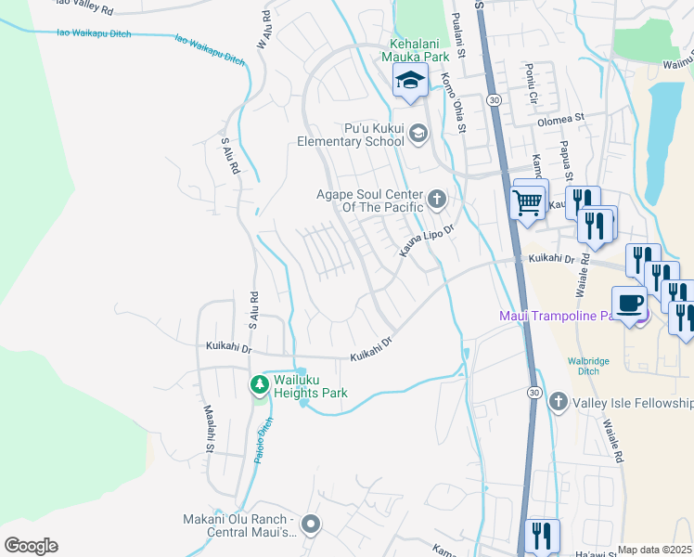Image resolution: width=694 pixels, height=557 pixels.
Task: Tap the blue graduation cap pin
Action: [409, 81]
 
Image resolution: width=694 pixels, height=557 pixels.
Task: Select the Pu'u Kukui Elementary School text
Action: [350, 135]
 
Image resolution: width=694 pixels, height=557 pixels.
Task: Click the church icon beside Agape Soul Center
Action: [436, 199]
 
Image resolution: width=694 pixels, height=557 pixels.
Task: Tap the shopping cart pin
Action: [528, 201]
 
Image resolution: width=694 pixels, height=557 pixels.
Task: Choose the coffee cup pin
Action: [630, 304]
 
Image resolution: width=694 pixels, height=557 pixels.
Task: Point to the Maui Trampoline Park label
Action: [558, 317]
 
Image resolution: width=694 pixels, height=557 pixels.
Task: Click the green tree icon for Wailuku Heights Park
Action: [260, 383]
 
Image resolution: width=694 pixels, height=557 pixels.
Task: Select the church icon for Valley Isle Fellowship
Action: [558, 402]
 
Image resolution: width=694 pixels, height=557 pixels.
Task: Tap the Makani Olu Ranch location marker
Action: [311, 525]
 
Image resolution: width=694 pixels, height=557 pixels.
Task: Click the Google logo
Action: [31, 546]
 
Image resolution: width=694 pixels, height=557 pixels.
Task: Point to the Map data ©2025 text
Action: [654, 550]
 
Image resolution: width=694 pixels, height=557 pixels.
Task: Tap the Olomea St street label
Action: [560, 119]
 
